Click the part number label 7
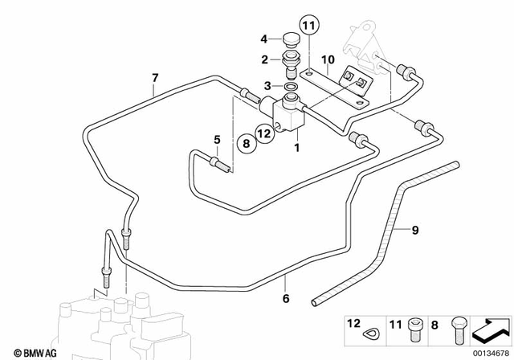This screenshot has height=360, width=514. point(155,78)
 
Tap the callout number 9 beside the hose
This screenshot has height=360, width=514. point(415,231)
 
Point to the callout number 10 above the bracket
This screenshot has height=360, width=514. point(328,60)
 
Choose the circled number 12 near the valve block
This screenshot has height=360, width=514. point(263,133)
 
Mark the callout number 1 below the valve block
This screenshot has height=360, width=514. point(296,148)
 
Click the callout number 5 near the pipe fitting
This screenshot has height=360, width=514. point(216,139)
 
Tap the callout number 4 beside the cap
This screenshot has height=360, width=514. point(263,39)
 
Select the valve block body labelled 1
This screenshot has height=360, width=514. point(291,112)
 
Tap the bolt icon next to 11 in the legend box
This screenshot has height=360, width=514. point(414,327)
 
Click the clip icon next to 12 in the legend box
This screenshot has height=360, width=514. point(373,329)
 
